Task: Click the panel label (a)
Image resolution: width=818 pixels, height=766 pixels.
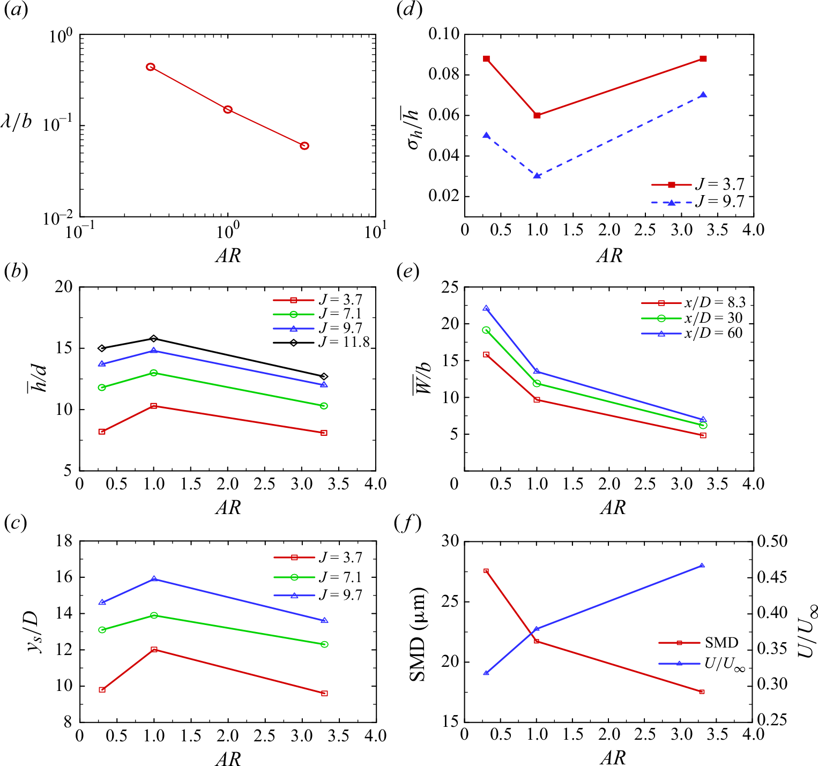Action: pos(16,11)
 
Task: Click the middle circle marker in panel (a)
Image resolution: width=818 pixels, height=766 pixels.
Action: pos(228,109)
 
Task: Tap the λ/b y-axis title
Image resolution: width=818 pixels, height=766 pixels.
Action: pos(16,122)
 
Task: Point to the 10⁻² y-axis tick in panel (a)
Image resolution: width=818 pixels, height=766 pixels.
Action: pos(58,218)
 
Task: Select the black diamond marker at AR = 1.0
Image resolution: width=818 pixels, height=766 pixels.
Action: pos(154,338)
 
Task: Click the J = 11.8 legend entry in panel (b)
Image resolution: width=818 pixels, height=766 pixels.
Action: pos(322,342)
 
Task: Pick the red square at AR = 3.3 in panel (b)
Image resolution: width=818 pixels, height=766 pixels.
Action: pos(324,433)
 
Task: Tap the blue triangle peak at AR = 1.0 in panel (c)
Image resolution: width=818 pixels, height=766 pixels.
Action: pos(154,579)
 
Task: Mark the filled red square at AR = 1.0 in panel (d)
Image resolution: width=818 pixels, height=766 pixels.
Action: pos(537,115)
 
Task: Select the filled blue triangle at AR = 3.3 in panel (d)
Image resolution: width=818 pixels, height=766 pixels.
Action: pos(703,95)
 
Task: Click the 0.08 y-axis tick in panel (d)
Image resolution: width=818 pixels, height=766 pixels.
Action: pos(444,75)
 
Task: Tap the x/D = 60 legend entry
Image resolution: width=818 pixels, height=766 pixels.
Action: pos(692,333)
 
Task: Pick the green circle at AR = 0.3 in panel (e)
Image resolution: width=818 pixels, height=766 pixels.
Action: pos(486,330)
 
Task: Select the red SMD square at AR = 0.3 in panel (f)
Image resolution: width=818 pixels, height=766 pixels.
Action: pos(486,571)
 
